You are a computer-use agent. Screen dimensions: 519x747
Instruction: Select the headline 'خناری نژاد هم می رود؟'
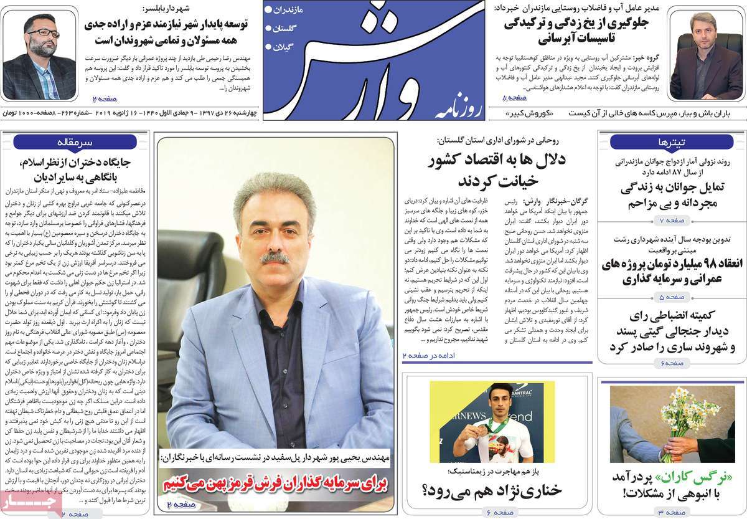point(492,491)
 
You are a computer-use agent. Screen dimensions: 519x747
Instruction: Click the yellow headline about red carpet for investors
point(275,483)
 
